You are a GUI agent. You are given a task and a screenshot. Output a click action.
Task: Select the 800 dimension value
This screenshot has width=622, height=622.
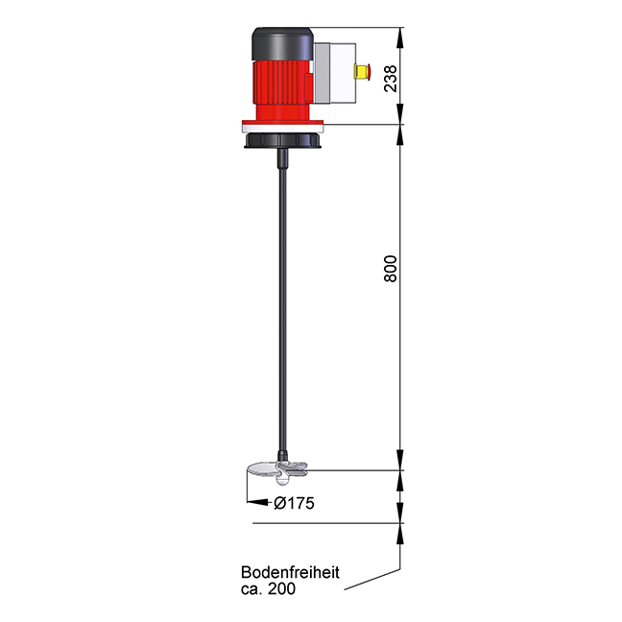click(391, 268)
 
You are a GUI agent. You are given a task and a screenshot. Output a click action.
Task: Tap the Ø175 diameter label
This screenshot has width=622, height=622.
click(295, 502)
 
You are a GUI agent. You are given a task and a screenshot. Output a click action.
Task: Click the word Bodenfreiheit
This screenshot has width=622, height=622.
click(290, 573)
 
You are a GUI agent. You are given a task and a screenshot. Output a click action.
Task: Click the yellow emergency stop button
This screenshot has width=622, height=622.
click(361, 71)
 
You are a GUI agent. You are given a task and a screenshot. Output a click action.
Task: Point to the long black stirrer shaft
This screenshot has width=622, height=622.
click(283, 307)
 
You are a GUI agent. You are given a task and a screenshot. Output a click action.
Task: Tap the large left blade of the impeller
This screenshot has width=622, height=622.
click(263, 470)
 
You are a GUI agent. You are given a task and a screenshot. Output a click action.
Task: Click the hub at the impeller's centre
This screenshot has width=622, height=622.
click(285, 468)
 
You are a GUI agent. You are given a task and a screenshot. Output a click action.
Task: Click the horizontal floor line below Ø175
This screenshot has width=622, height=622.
click(326, 524)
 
